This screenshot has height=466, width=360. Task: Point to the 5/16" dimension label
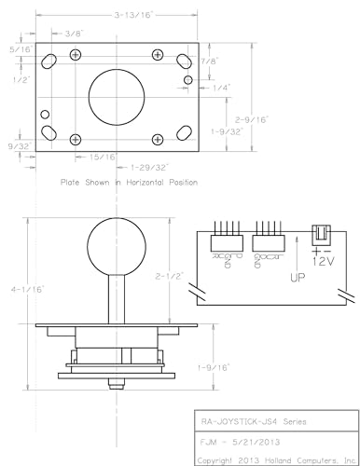click(x=18, y=48)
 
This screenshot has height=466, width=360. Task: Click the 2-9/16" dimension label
click(x=252, y=119)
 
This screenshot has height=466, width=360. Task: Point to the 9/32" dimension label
click(x=19, y=146)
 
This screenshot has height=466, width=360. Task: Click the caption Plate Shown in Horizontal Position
click(x=128, y=183)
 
